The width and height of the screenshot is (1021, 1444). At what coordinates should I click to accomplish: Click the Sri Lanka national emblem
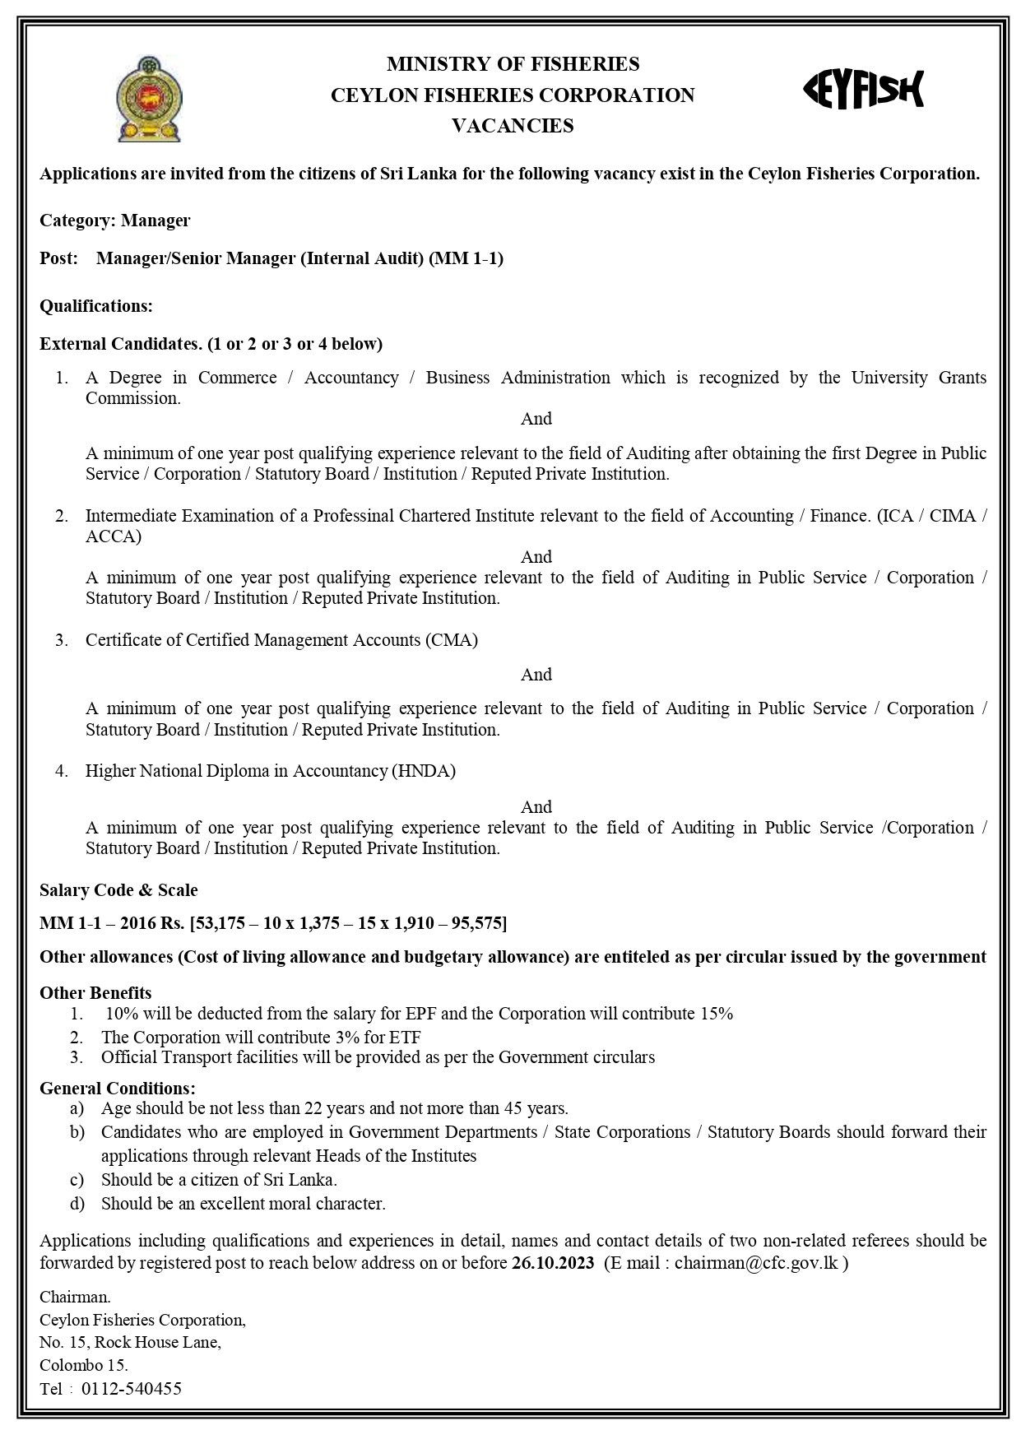pyautogui.click(x=149, y=99)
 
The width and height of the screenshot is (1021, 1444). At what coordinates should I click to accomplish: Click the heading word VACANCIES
pyautogui.click(x=513, y=126)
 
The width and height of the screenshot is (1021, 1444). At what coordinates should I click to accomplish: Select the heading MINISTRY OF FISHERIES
pyautogui.click(x=513, y=64)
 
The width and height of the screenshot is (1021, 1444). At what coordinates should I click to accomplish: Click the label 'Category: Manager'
pyautogui.click(x=115, y=221)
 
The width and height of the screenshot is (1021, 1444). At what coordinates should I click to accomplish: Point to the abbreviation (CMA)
pyautogui.click(x=452, y=640)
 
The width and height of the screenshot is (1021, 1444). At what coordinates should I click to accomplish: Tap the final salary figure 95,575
pyautogui.click(x=476, y=923)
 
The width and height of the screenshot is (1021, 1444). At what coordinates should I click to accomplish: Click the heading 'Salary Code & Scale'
pyautogui.click(x=118, y=890)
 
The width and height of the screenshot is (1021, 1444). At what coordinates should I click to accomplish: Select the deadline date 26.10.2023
pyautogui.click(x=552, y=1263)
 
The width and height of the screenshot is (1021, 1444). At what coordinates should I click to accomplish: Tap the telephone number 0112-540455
pyautogui.click(x=132, y=1389)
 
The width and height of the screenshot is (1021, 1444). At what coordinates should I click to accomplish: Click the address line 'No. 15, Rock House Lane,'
pyautogui.click(x=130, y=1343)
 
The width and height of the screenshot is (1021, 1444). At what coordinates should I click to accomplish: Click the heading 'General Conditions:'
pyautogui.click(x=118, y=1089)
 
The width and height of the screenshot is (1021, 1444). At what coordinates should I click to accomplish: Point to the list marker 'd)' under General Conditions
pyautogui.click(x=77, y=1204)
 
